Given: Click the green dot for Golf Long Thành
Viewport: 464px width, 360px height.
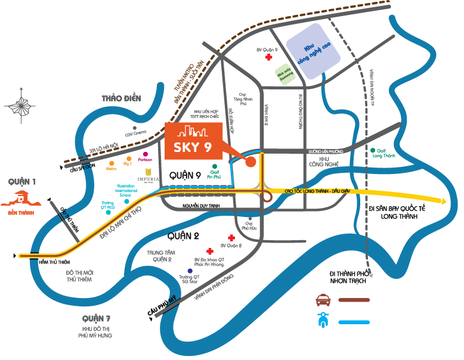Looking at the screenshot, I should point(373,150).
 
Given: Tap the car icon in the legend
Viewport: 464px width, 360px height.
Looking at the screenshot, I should point(324,299).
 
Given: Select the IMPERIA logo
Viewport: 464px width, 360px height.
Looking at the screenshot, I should point(148,173).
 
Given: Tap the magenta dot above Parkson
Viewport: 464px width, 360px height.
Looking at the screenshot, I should point(146,154).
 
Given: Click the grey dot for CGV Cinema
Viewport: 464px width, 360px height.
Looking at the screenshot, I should point(135,128).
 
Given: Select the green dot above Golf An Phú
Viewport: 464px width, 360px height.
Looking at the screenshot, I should point(215,166).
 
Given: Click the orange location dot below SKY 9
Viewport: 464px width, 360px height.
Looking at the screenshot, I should point(251,161).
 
